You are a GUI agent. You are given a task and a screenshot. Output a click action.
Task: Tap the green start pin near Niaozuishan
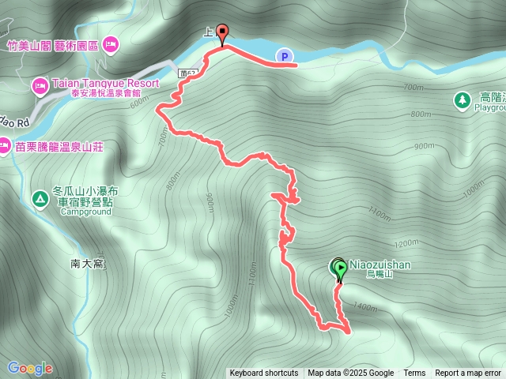tap(340, 271)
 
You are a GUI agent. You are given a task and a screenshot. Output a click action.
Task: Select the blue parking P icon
tap(285, 55)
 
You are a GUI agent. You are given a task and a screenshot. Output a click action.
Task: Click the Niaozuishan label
tap(381, 265)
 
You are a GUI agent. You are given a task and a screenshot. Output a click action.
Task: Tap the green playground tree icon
tap(461, 99)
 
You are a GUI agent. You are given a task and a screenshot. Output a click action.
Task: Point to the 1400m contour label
tap(365, 306)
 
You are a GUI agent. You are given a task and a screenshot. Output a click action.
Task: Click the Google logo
tap(30, 368)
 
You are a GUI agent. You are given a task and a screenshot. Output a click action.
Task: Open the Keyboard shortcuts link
tap(264, 373)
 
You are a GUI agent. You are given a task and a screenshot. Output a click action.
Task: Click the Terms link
tap(414, 373)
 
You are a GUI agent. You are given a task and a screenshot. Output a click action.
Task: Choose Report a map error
tap(469, 373)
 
